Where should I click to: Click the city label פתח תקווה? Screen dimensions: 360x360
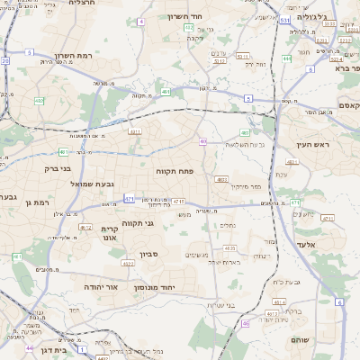181,170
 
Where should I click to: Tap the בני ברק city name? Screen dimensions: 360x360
58,167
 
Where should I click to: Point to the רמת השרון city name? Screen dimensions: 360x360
99,56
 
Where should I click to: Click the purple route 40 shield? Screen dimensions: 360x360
203,141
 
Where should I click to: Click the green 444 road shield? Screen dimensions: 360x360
286,58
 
